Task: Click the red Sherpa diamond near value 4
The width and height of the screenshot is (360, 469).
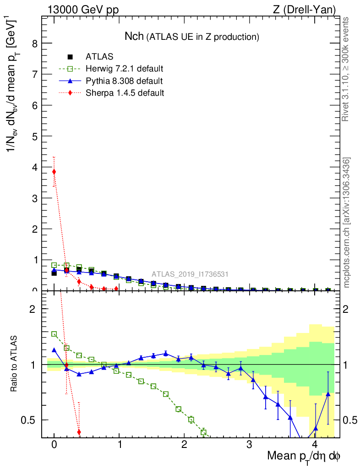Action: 54,172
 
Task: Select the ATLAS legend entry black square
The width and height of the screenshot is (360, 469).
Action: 70,57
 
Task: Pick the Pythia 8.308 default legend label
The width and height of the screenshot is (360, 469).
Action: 124,81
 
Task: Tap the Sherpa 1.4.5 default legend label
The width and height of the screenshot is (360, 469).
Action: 125,93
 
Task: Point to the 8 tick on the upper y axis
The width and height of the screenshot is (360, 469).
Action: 34,44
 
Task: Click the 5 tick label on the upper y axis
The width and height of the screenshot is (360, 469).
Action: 34,136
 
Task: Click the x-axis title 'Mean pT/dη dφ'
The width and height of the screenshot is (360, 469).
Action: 304,456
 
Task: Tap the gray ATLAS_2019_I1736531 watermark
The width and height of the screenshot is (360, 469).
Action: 190,274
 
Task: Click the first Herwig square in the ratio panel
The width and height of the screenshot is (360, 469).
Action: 54,334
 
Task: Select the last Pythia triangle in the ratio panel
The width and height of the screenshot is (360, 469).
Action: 327,394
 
